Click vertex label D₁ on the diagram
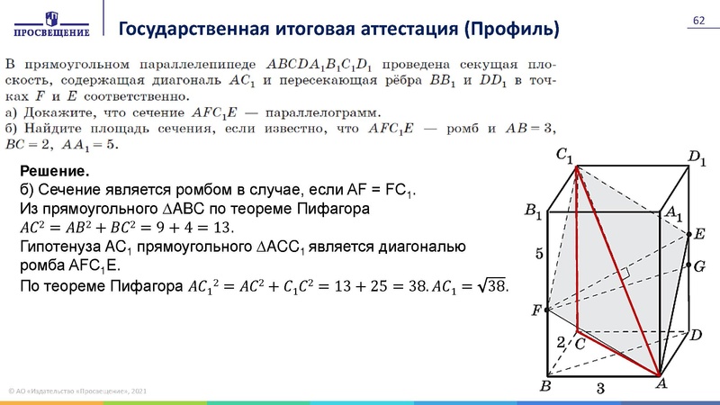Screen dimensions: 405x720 point(697,159)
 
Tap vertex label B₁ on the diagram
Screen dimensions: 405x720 point(533,212)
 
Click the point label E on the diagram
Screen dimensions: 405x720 point(698,234)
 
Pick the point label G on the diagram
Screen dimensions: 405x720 point(698,266)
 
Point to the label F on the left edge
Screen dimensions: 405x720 point(536,310)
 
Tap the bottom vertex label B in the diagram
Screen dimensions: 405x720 point(544,387)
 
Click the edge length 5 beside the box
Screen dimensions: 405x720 point(539,255)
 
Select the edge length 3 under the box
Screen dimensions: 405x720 point(598,388)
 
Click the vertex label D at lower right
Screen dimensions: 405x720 point(695,334)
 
